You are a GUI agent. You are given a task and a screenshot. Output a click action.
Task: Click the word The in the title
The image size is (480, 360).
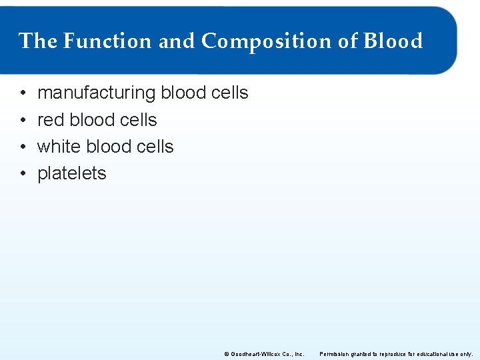[x=38, y=41]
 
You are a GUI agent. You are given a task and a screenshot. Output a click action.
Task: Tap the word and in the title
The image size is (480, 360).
[x=177, y=41]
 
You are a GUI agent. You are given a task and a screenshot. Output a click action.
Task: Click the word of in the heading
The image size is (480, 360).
[x=348, y=41]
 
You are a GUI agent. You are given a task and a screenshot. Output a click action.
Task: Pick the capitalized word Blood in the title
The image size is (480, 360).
[x=393, y=41]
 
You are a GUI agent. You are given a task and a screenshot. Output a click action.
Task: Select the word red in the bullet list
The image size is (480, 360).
[x=51, y=120]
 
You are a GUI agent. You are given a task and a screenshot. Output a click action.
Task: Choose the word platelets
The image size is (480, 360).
[x=71, y=173]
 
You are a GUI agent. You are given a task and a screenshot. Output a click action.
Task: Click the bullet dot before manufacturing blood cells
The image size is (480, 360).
[x=23, y=93]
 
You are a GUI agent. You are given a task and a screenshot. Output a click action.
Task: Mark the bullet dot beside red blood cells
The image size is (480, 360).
[x=23, y=120]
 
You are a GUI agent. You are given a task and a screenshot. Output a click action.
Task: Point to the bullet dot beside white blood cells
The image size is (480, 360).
[x=23, y=147]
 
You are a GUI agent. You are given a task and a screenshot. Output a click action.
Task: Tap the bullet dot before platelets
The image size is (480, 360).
[x=23, y=173]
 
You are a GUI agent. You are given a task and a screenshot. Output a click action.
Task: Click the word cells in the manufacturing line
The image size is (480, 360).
[x=229, y=93]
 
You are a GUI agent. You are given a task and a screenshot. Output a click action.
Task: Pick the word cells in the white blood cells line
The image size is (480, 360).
[x=155, y=147]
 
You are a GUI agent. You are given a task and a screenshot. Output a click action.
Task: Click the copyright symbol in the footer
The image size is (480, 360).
[x=226, y=354]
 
